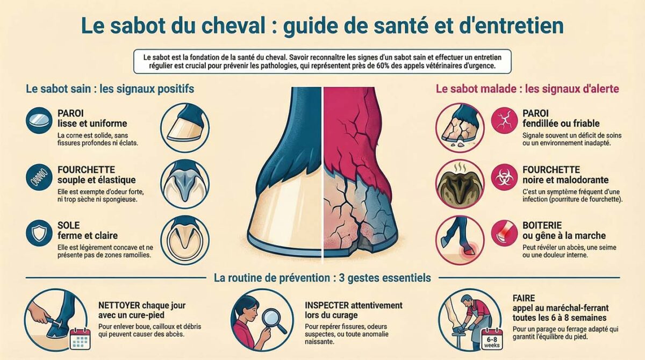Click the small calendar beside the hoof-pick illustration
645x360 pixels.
point(80,338)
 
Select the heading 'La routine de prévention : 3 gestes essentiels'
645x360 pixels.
point(322,278)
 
